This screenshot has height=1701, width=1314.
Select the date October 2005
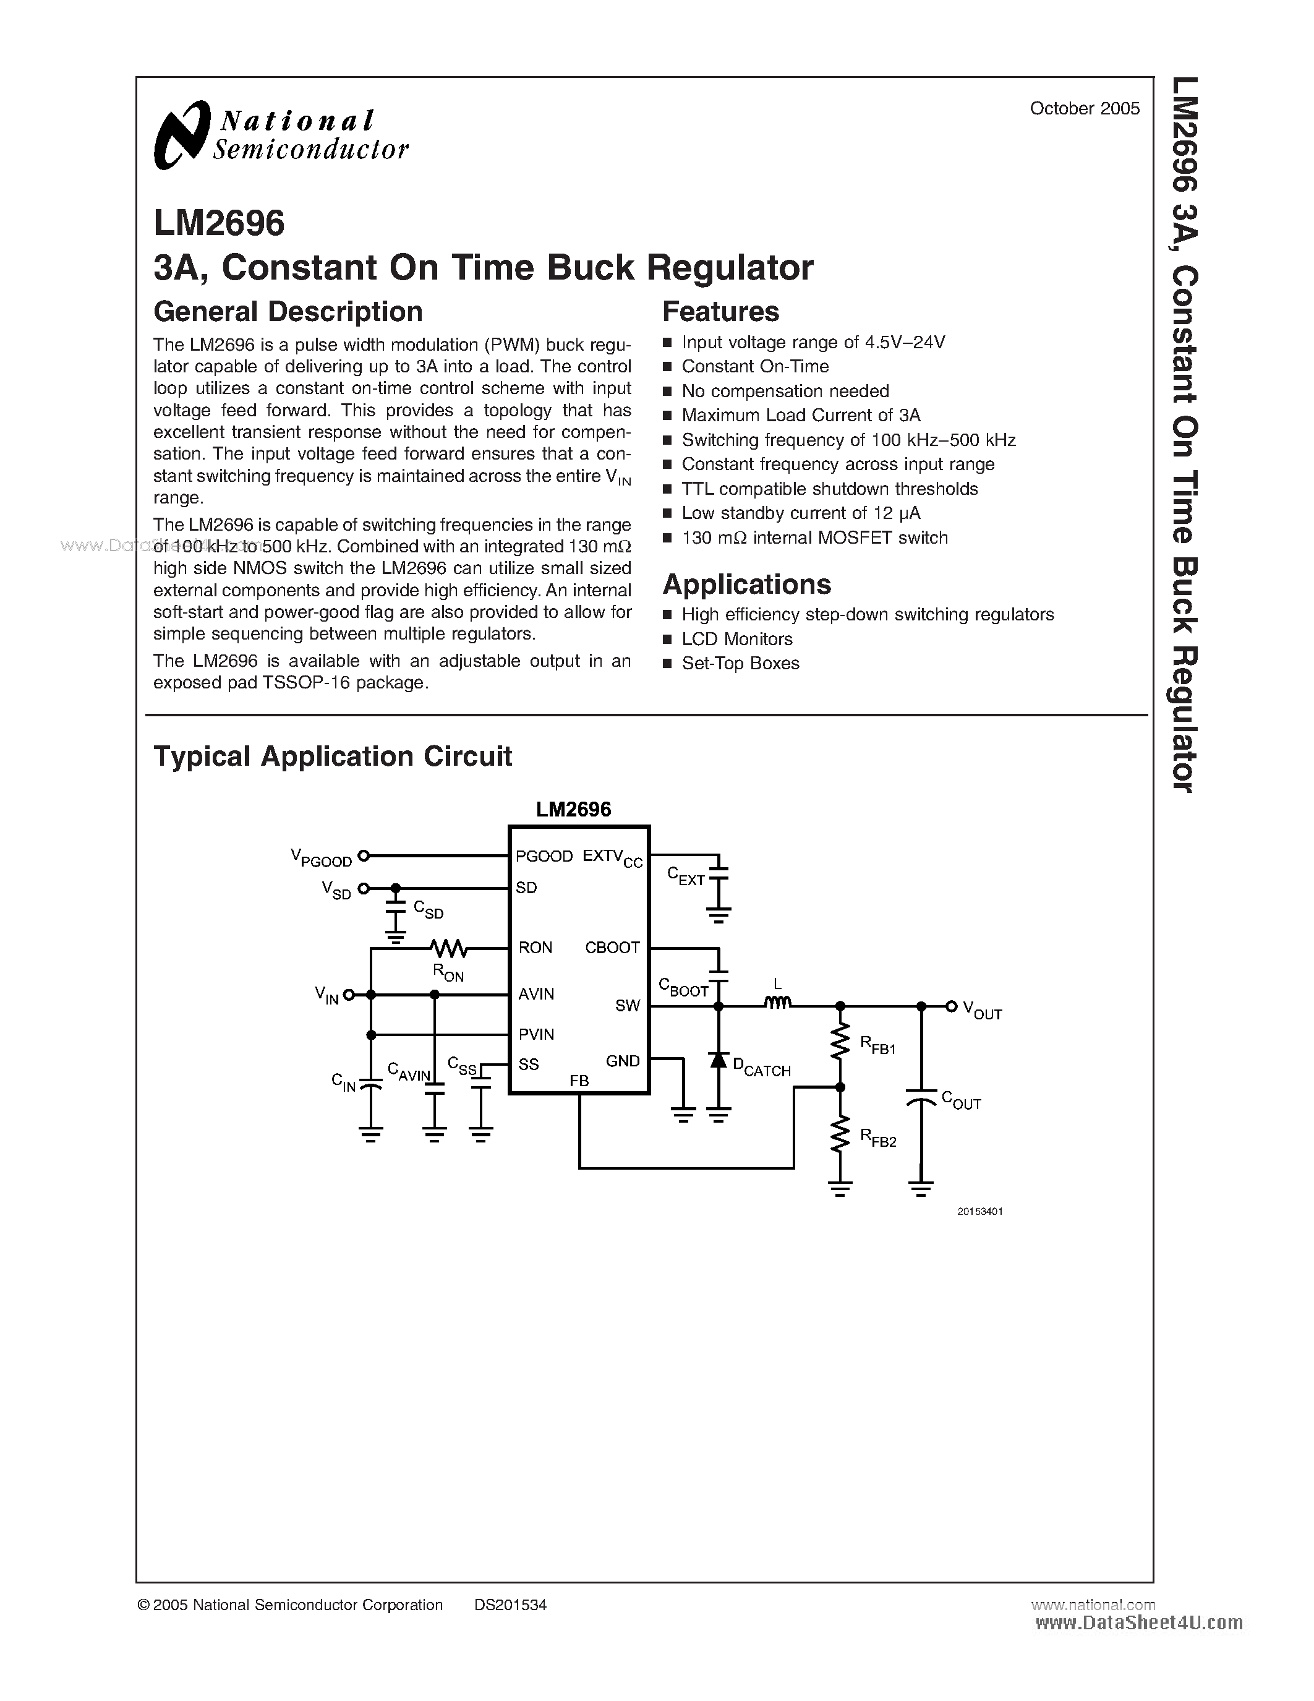[x=1085, y=109]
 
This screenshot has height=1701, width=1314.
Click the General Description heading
[x=288, y=312]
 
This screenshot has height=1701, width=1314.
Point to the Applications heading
[x=746, y=584]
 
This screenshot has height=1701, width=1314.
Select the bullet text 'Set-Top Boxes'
[x=740, y=664]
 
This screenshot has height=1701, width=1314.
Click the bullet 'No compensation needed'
[x=785, y=391]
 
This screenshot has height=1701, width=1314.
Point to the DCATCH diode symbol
[x=719, y=1061]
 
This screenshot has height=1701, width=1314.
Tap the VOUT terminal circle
[x=950, y=1006]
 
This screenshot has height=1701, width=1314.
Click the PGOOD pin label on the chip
[x=544, y=857]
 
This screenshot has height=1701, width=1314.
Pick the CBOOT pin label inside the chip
[x=612, y=948]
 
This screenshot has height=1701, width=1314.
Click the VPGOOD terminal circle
[x=363, y=856]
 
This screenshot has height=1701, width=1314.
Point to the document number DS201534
[x=510, y=1605]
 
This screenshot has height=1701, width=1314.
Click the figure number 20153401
[x=980, y=1212]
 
